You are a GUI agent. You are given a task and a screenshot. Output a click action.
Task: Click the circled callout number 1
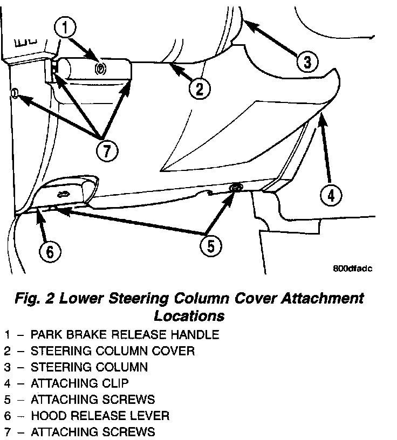(65, 27)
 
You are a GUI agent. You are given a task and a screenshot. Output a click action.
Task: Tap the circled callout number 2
(199, 88)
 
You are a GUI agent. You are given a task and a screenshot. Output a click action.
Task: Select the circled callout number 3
(306, 62)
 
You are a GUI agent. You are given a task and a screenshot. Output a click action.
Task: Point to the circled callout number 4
(331, 195)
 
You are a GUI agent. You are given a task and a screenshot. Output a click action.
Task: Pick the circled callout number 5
(210, 246)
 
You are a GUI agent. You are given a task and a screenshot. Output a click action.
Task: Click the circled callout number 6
(50, 251)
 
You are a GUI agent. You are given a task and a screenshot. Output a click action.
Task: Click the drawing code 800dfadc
(353, 267)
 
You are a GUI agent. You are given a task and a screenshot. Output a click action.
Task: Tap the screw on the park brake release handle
(99, 68)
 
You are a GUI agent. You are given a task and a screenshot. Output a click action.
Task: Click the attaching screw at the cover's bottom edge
(236, 188)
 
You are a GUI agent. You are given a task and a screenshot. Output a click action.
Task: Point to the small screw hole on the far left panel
(15, 95)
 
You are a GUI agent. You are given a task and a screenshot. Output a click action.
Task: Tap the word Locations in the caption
(189, 314)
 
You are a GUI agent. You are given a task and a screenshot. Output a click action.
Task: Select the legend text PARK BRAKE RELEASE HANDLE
(125, 335)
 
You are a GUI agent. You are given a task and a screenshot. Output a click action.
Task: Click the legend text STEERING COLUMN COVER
(113, 351)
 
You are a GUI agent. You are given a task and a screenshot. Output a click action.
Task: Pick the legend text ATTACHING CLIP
(80, 383)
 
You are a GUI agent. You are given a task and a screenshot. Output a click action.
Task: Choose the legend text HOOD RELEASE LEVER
(100, 416)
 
